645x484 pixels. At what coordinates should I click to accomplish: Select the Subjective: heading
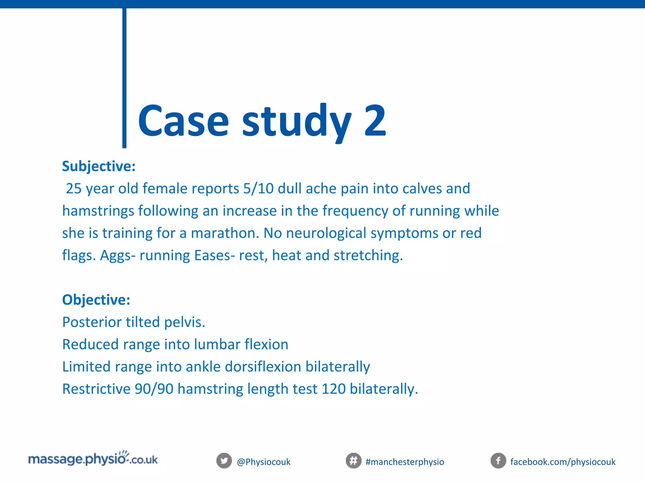[x=99, y=166]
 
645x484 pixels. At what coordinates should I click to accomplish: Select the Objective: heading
[x=96, y=300]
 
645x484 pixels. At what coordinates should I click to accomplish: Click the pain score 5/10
[x=258, y=189]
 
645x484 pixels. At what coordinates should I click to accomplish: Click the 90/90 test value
[x=154, y=389]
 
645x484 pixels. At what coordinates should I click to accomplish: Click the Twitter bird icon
[x=224, y=461]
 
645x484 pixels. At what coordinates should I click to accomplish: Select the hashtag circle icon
[x=353, y=461]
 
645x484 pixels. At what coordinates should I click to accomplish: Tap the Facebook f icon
[x=498, y=461]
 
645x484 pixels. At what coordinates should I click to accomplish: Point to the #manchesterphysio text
[x=405, y=462]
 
